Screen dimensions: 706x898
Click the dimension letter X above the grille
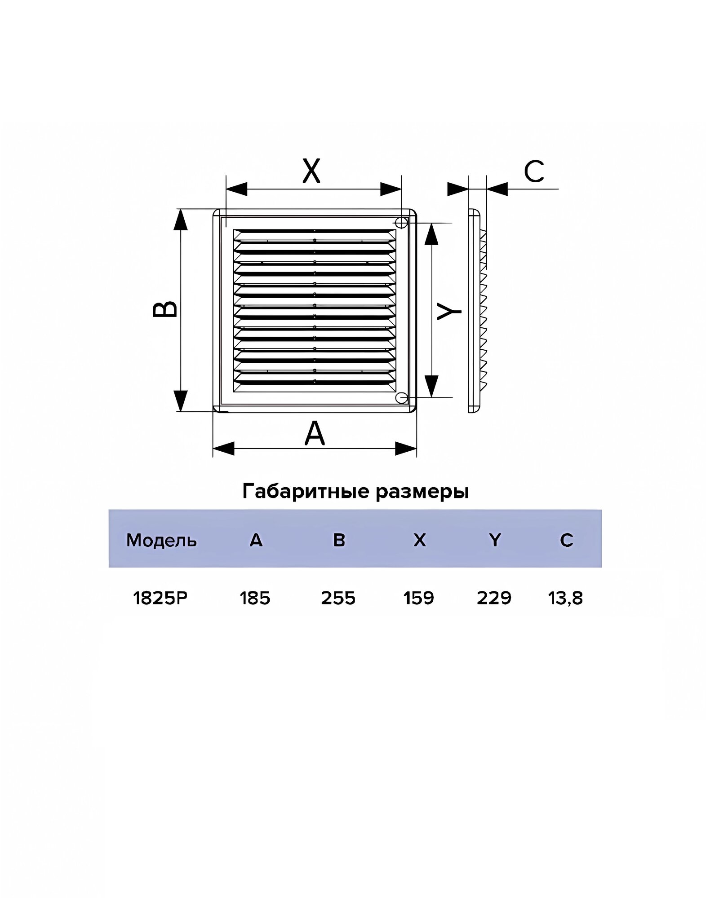point(311,171)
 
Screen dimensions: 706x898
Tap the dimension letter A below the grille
point(315,433)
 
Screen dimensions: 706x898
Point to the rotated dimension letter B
point(165,309)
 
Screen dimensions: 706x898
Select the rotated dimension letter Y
point(449,311)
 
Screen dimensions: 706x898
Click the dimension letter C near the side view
point(534,172)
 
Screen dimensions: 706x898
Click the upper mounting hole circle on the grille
point(401,222)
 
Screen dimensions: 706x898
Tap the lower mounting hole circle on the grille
point(401,398)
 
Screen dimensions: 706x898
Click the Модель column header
point(161,540)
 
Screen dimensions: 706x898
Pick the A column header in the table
point(256,540)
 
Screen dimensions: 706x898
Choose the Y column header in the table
point(495,540)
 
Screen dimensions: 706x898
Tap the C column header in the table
point(566,540)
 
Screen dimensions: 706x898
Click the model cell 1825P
point(160,598)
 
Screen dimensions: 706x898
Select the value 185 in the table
point(255,598)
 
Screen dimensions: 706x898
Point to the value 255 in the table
point(338,598)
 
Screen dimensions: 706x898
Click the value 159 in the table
point(418,598)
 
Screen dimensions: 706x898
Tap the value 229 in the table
point(494,598)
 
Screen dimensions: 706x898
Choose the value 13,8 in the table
point(565,598)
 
